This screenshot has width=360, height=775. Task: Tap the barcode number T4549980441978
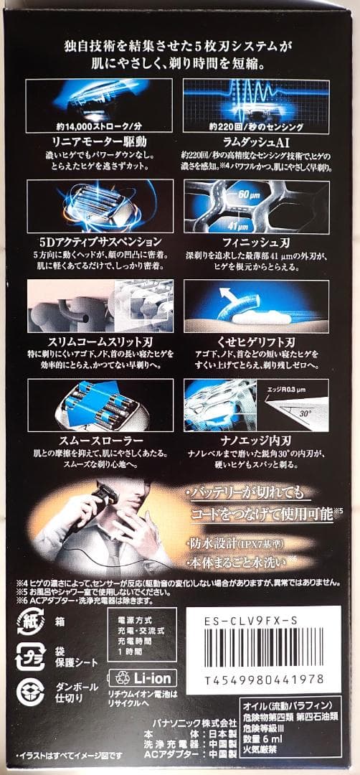(264, 678)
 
